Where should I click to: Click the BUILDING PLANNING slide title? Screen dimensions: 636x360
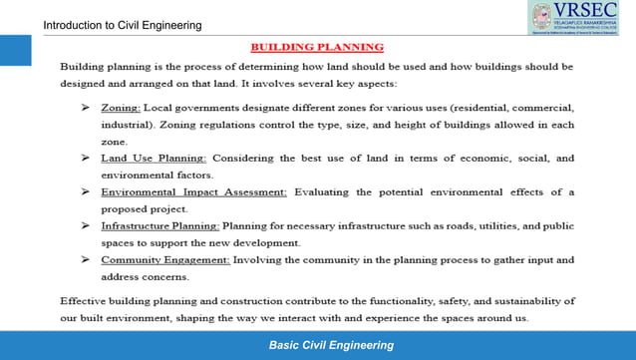(x=316, y=46)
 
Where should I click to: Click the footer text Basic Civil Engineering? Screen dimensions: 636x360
(x=331, y=345)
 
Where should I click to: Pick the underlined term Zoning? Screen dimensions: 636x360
(x=121, y=107)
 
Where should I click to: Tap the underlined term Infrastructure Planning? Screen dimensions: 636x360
(x=160, y=226)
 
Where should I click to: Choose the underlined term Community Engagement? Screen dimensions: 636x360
(x=165, y=260)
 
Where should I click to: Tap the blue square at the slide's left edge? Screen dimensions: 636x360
(x=14, y=51)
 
